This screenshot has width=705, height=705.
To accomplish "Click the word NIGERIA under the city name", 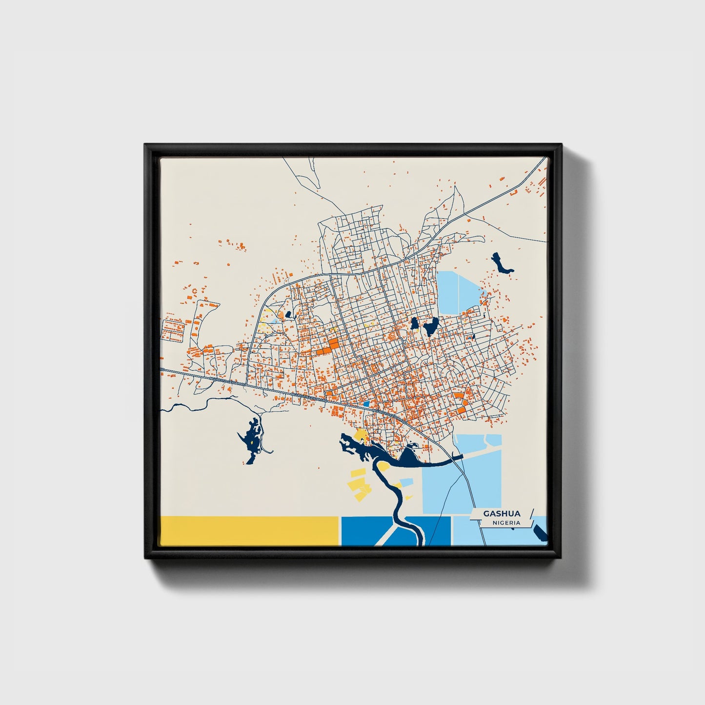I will (x=506, y=523).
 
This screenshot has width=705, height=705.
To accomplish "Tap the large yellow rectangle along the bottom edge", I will (x=249, y=530).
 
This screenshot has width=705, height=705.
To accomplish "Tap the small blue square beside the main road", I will (x=366, y=404).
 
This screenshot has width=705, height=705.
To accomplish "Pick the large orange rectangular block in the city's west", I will (x=333, y=344).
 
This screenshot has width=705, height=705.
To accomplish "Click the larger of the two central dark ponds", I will (x=431, y=327).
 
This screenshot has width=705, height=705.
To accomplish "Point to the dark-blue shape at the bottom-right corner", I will (x=540, y=532).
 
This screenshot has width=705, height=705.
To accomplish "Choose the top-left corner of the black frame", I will (x=145, y=145).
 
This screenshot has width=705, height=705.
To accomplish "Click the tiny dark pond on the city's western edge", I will (x=288, y=315).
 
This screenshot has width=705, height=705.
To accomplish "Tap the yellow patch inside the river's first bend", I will (x=383, y=467).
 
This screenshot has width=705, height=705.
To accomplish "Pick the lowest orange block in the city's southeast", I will (x=461, y=410).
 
